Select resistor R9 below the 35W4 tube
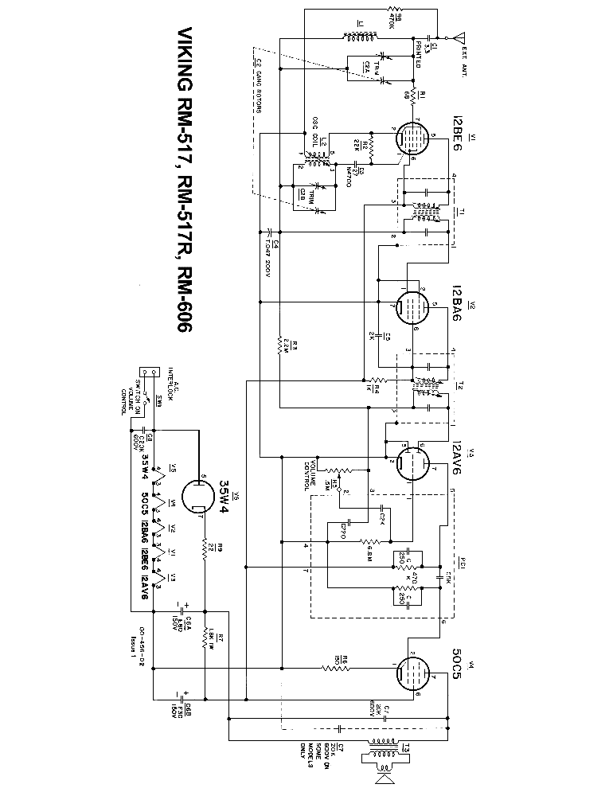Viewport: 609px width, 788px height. pyautogui.click(x=205, y=548)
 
